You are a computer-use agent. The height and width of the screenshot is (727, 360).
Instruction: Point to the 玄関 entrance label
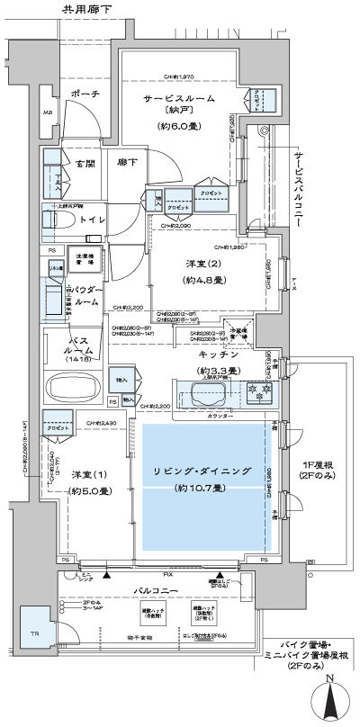(x=85, y=164)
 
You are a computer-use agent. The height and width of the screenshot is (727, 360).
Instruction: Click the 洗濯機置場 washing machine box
(x=88, y=258)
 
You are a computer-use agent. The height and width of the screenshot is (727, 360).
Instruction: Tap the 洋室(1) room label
(x=82, y=474)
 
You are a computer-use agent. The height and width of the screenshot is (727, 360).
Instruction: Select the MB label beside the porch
(x=47, y=112)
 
